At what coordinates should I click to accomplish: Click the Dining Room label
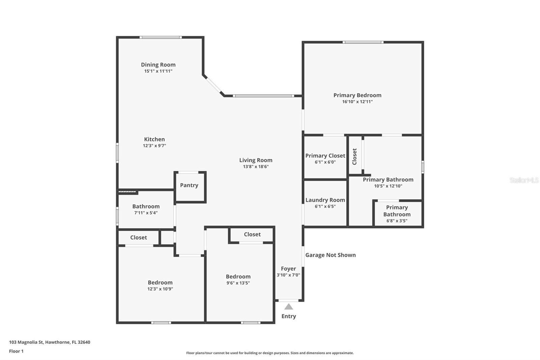click(x=158, y=65)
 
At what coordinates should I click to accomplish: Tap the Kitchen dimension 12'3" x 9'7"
click(x=154, y=146)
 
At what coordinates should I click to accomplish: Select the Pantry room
click(x=189, y=187)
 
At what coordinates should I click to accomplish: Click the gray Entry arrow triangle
click(x=289, y=307)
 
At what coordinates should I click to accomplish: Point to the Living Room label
click(x=255, y=160)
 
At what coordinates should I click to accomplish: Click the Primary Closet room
click(x=325, y=158)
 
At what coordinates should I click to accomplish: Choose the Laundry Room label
click(x=325, y=200)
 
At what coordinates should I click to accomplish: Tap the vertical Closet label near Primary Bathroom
click(x=354, y=156)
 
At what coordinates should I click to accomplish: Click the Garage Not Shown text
click(x=330, y=255)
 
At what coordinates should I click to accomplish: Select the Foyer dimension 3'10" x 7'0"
click(x=288, y=275)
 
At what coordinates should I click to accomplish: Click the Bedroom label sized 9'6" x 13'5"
click(x=238, y=277)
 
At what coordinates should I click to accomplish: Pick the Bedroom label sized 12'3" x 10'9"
click(x=160, y=283)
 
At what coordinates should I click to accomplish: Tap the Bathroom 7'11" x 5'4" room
click(x=146, y=209)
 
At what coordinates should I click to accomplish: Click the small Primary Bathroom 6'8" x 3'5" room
click(x=397, y=214)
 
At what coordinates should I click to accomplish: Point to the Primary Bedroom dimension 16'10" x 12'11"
click(x=357, y=102)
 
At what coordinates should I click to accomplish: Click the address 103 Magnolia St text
click(x=50, y=342)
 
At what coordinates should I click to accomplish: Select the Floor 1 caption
click(x=16, y=351)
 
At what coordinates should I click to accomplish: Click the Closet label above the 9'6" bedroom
click(x=252, y=234)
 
